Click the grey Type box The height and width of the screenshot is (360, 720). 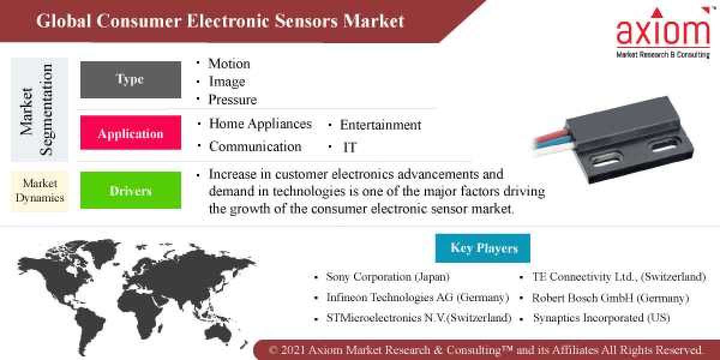tap(130, 80)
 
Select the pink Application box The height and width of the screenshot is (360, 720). tap(130, 133)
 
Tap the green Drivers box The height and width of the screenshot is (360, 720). tap(130, 191)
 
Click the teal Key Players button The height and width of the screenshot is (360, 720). tap(483, 248)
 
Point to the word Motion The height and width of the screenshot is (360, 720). tap(229, 64)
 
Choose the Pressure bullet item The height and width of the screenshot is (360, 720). tap(232, 100)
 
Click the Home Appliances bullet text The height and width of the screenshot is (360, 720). tap(260, 124)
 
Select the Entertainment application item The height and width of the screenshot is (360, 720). tap(380, 125)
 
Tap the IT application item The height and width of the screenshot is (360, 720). tap(350, 147)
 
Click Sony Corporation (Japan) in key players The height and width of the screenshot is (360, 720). tap(388, 277)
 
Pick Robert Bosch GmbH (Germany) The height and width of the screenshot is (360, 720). tap(610, 298)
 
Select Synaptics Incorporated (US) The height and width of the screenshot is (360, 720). tap(601, 318)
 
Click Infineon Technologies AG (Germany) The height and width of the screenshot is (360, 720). tap(417, 298)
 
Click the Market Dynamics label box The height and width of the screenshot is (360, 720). tap(40, 191)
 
